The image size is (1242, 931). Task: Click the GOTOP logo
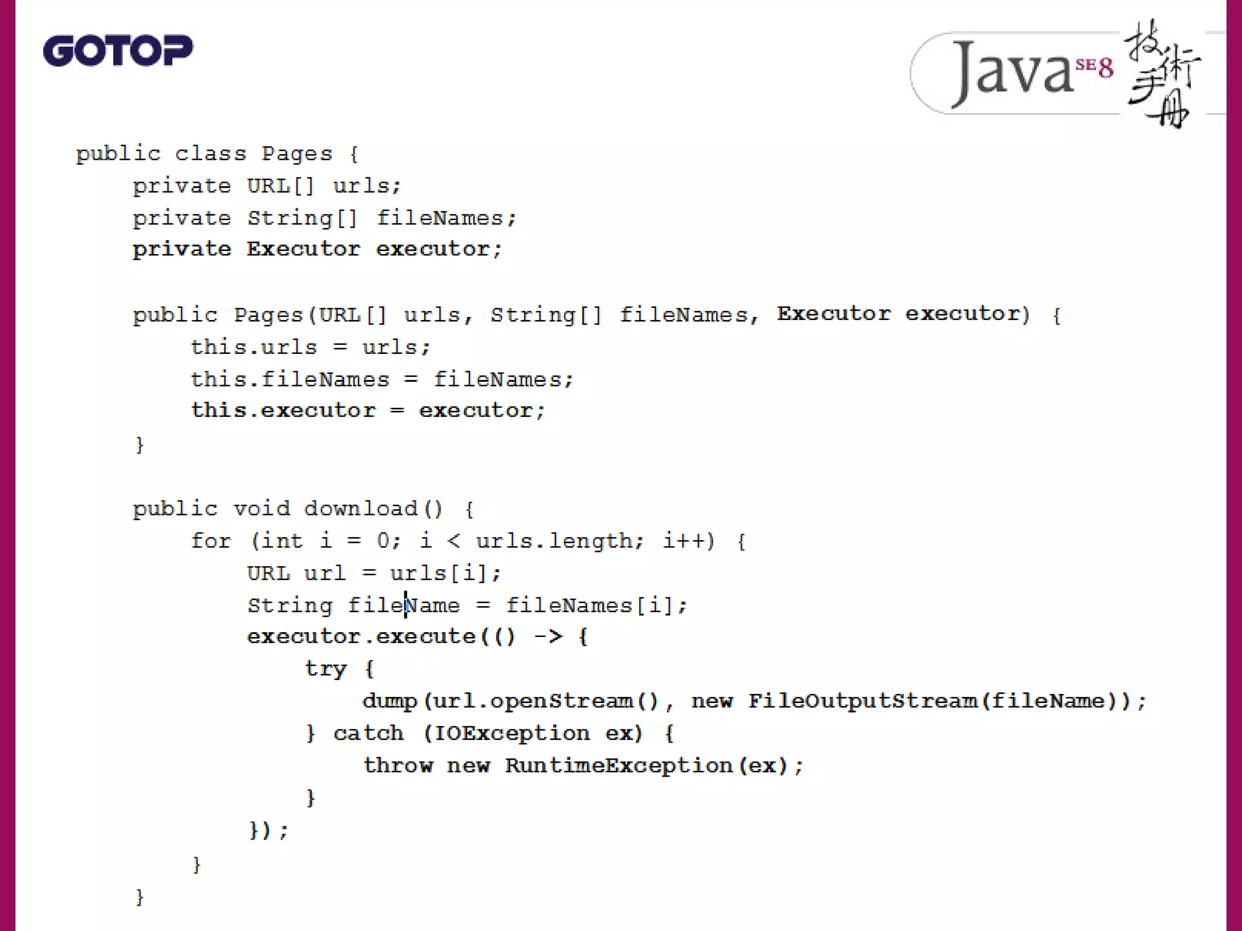click(x=118, y=50)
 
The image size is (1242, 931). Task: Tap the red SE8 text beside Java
click(x=1095, y=67)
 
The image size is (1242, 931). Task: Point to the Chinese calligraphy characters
click(x=1161, y=73)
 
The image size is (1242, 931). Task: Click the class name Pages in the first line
click(x=297, y=154)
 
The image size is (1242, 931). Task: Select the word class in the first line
click(x=210, y=154)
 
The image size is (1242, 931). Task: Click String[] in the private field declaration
click(x=303, y=218)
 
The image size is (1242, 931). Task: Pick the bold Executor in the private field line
click(x=303, y=249)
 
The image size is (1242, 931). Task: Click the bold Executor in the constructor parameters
click(x=834, y=314)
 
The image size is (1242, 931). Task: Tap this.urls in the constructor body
click(x=254, y=347)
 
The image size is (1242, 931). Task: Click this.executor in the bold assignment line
click(x=283, y=410)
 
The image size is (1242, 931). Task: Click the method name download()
click(x=373, y=509)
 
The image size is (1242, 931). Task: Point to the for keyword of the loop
click(x=210, y=541)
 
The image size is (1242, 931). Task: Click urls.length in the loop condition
click(x=554, y=541)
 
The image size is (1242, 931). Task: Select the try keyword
click(x=326, y=669)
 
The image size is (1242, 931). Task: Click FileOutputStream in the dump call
click(x=862, y=701)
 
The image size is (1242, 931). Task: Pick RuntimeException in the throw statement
click(x=619, y=766)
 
